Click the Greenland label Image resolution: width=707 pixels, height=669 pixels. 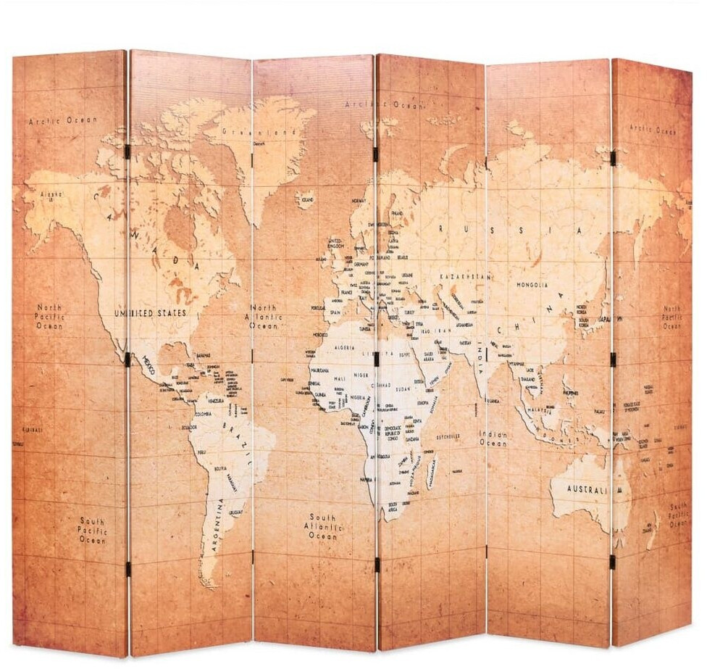tap(260, 133)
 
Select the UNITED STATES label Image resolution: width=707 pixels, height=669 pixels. tap(150, 313)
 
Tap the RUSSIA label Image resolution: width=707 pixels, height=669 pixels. tap(507, 230)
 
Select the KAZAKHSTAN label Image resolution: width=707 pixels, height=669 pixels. tap(464, 276)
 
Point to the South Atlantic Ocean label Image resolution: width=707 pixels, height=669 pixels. tap(322, 527)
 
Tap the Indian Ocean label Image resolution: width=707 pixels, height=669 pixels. tap(493, 439)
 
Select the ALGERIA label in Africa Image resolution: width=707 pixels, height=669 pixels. tap(344, 349)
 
